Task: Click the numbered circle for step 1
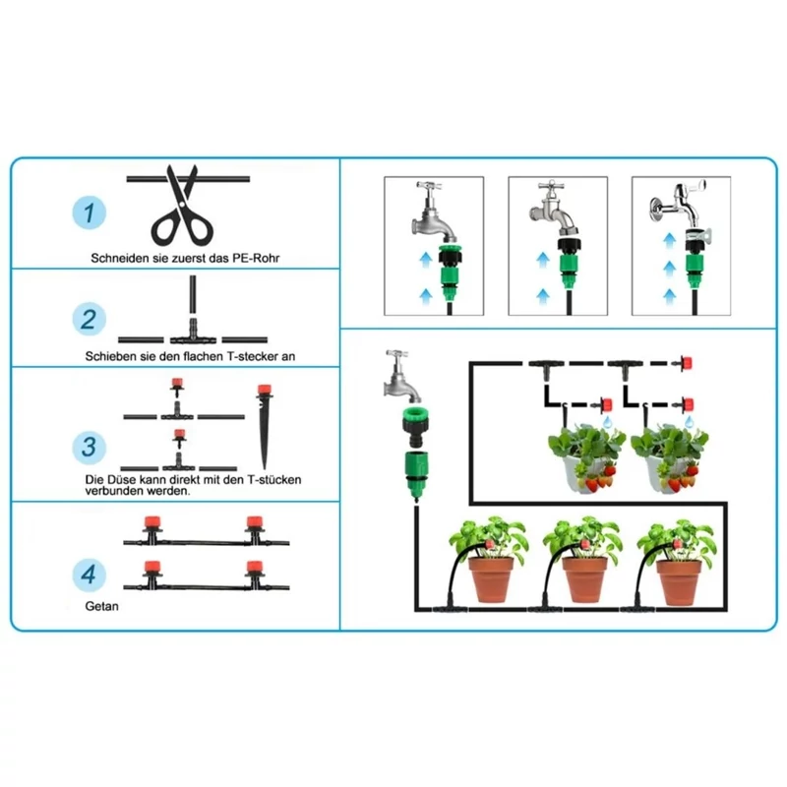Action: click(90, 212)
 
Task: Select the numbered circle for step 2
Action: click(90, 319)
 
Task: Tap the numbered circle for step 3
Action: click(90, 447)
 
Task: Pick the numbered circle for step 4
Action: click(90, 575)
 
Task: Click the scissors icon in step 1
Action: click(183, 206)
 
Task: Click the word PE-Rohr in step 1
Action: click(256, 258)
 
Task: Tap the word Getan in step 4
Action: click(102, 606)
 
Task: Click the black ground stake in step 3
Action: click(264, 427)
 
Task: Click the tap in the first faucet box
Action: click(433, 211)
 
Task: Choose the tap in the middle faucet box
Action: click(555, 209)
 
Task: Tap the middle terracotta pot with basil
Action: click(584, 579)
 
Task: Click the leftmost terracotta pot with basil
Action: click(491, 579)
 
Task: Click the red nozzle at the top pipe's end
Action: click(686, 362)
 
